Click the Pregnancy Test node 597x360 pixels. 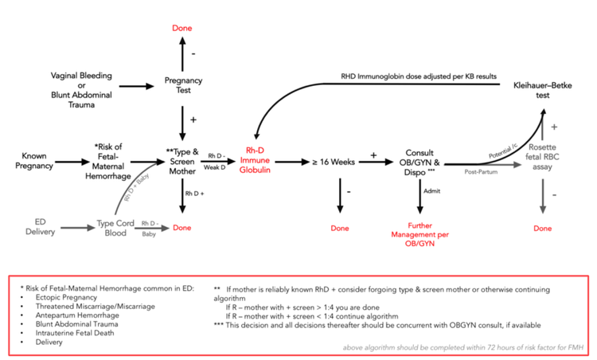(x=183, y=84)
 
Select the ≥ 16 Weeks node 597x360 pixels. (x=331, y=162)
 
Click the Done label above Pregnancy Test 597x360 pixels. (x=183, y=29)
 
